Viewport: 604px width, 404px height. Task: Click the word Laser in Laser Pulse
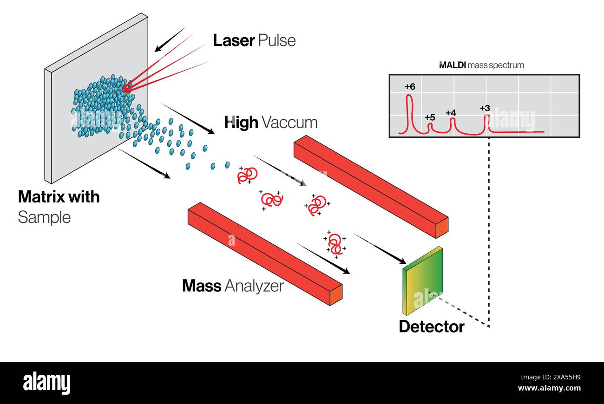coord(234,40)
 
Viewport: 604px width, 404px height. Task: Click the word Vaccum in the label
coord(289,123)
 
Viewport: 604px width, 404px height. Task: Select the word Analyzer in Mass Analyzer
coord(254,286)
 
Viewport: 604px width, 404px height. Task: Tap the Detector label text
coord(431,326)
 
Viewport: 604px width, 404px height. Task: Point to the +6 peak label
coord(410,87)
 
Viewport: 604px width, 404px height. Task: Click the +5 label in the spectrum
coord(430,117)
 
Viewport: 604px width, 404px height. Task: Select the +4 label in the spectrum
coord(451,113)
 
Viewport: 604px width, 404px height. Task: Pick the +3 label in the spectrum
coord(485,108)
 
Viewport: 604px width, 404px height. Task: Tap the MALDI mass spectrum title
coord(481,65)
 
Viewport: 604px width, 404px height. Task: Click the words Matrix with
coord(59,197)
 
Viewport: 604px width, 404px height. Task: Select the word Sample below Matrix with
coord(44,217)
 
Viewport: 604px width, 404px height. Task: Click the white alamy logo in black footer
coord(46,384)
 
